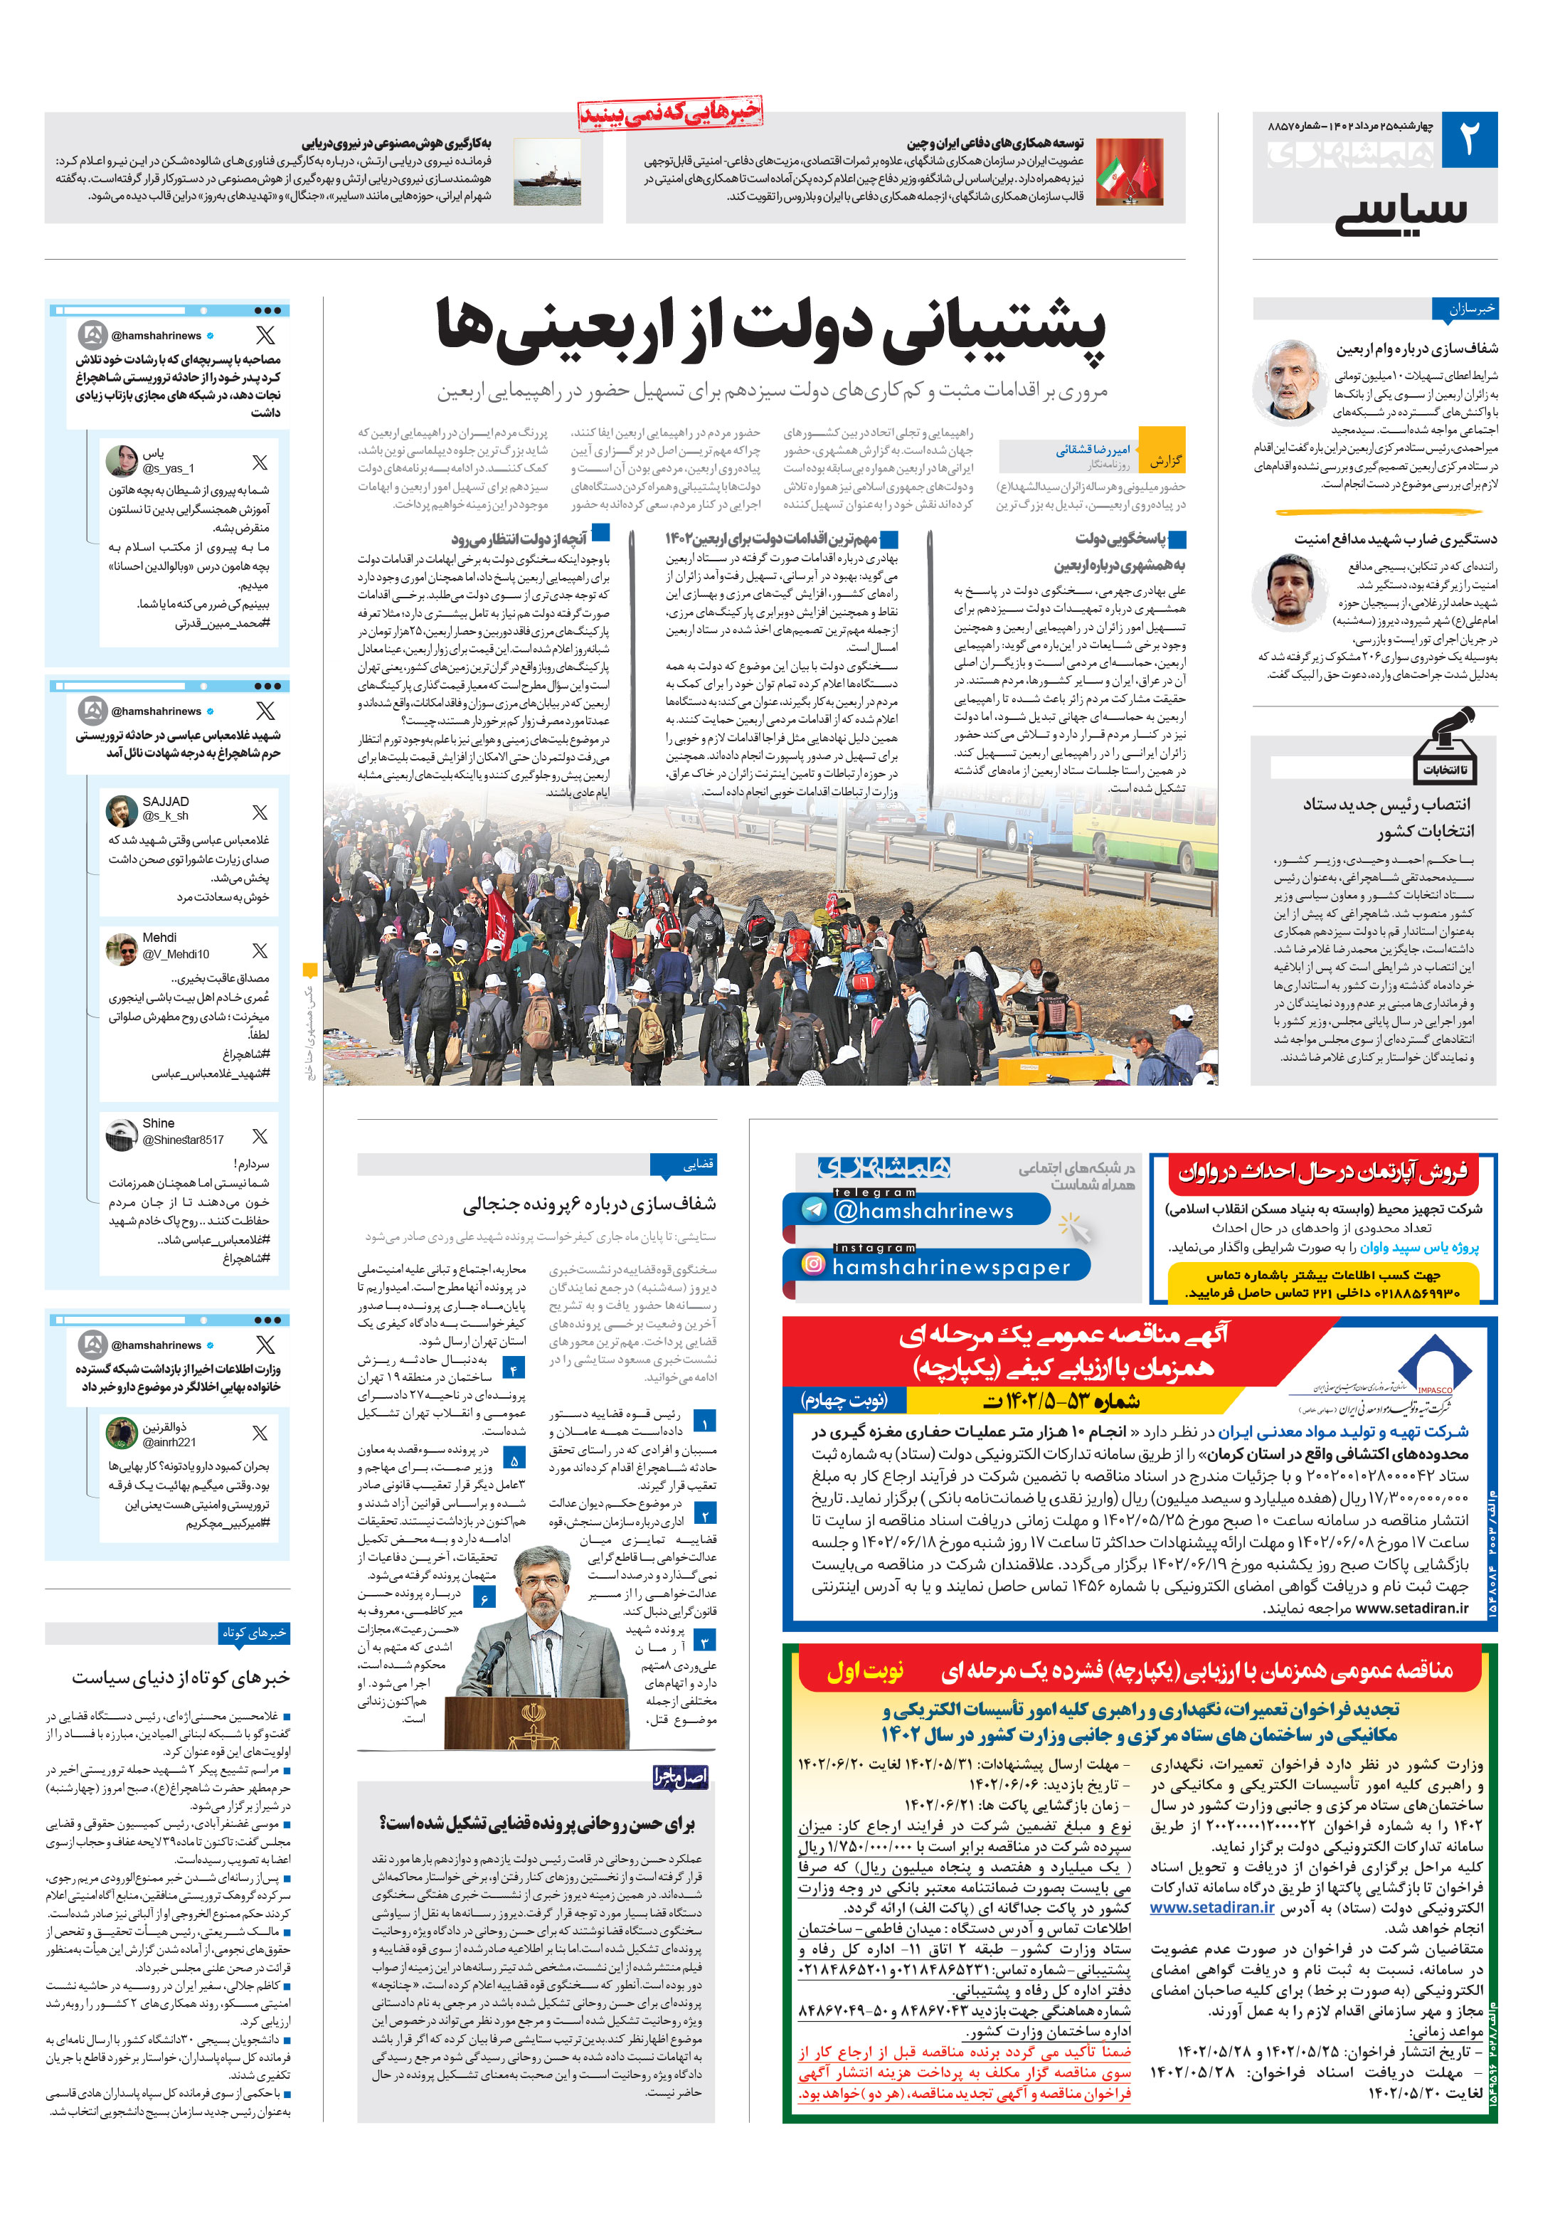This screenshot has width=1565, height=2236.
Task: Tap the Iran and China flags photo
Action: (x=1129, y=171)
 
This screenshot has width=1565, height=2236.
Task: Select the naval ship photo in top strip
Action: (x=546, y=171)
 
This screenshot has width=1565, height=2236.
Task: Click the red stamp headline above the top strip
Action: (x=669, y=114)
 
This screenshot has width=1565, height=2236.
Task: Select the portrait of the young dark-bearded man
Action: (x=1290, y=589)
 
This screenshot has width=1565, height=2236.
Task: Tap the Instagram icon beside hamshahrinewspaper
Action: (x=812, y=1264)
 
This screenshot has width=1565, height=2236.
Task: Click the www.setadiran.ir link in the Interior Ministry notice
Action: (x=1211, y=1908)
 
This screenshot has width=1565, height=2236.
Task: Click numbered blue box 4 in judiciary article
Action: (x=513, y=1368)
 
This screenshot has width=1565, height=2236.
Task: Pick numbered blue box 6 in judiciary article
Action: (x=484, y=1598)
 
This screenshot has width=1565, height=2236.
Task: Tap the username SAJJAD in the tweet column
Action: (x=166, y=802)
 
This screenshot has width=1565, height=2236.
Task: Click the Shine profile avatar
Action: (x=122, y=1133)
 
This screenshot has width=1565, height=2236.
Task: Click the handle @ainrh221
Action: (x=169, y=1442)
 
